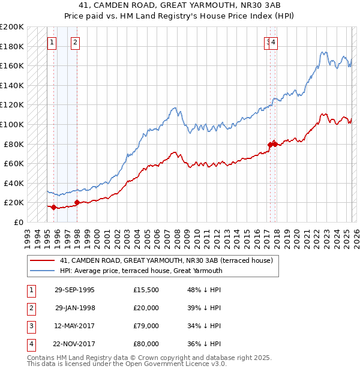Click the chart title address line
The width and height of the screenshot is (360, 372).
180,6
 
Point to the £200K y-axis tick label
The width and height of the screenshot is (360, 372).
12,27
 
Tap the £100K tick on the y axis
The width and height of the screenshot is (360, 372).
12,124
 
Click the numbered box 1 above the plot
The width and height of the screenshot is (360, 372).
53,42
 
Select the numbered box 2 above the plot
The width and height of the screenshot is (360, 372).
75,42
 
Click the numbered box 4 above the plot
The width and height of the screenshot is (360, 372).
273,42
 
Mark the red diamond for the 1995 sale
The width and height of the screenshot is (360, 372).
53,207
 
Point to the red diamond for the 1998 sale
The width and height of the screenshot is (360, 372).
77,202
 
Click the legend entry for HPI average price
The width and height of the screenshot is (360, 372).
141,271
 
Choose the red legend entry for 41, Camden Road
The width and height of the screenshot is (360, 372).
166,260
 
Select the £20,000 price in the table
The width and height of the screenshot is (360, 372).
146,308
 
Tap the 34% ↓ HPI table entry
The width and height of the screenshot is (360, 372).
204,326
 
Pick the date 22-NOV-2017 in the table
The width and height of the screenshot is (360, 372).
74,344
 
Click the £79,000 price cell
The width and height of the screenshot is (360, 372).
146,326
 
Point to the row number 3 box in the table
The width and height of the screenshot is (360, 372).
31,326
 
